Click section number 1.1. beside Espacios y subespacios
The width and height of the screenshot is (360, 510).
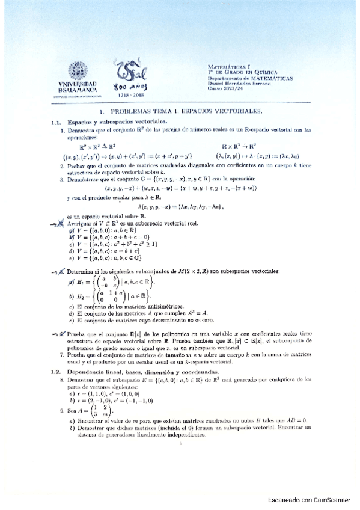(x=56, y=122)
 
